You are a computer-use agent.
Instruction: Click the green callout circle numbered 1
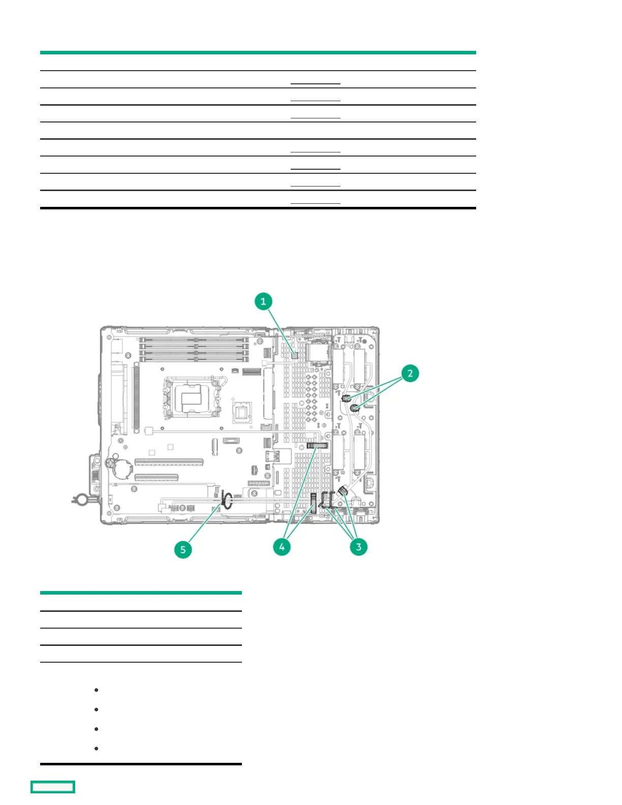coord(263,301)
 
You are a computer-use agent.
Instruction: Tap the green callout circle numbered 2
coord(410,373)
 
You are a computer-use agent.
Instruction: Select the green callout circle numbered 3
coord(358,547)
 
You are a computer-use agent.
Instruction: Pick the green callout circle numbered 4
coord(282,547)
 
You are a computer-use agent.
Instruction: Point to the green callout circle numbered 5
coord(183,549)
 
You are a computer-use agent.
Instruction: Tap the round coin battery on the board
coord(122,468)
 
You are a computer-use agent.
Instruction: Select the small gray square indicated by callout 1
coord(294,355)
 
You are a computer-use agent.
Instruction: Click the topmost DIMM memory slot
coord(194,339)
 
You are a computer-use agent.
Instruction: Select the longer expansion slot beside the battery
coord(169,462)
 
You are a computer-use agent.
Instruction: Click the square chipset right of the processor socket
coord(242,412)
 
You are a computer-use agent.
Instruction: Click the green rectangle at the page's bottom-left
coord(53,787)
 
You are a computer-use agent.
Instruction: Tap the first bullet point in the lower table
coord(96,690)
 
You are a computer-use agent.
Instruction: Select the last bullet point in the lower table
coord(96,749)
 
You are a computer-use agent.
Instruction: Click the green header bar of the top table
coord(258,52)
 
